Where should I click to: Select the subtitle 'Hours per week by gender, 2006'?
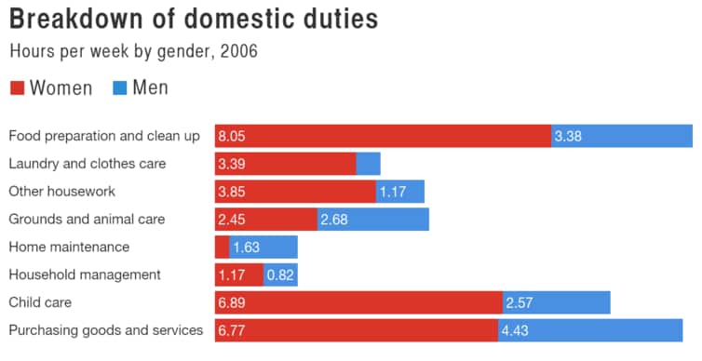[x=133, y=51]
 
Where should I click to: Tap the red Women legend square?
[x=17, y=88]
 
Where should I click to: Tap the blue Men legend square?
[x=119, y=88]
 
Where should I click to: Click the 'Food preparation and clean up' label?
[x=104, y=136]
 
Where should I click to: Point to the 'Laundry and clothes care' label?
[x=88, y=164]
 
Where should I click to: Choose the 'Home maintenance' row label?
[x=69, y=247]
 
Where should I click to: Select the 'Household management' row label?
[x=85, y=274]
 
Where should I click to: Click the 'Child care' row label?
[x=40, y=302]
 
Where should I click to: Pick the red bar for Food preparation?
[x=382, y=136]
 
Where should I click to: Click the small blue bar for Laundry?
[x=368, y=164]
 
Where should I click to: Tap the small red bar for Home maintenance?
[x=222, y=247]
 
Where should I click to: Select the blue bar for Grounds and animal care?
[x=372, y=220]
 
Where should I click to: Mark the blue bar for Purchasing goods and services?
[x=590, y=330]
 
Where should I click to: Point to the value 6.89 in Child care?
[x=232, y=303]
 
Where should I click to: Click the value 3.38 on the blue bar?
[x=568, y=137]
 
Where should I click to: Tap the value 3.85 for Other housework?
[x=232, y=193]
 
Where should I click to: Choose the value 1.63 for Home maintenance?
[x=247, y=247]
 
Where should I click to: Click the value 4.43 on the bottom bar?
[x=516, y=331]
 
